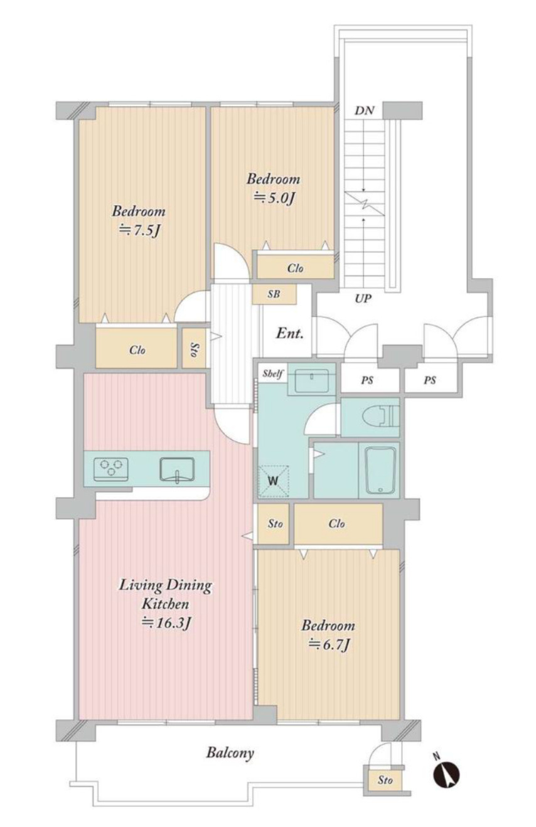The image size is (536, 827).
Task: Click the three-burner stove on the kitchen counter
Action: coord(111,469)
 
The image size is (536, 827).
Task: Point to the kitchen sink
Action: coord(177,469)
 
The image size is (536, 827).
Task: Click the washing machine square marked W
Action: coord(273,481)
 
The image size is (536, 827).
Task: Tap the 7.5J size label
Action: coord(139,230)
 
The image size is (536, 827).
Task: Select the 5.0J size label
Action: coord(274,198)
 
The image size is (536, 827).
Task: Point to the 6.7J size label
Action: coord(329,644)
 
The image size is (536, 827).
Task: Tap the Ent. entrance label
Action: coord(289,334)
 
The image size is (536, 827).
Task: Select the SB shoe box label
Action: coord(274,294)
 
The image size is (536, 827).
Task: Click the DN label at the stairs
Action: coord(364,110)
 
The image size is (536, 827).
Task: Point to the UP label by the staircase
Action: coord(363,299)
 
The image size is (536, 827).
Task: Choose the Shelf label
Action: coord(272,373)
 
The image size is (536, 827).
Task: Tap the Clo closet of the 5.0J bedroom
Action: coord(295,267)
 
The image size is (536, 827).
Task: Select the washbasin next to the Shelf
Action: coord(311,380)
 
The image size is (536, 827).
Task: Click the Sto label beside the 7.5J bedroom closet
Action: coord(194,349)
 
